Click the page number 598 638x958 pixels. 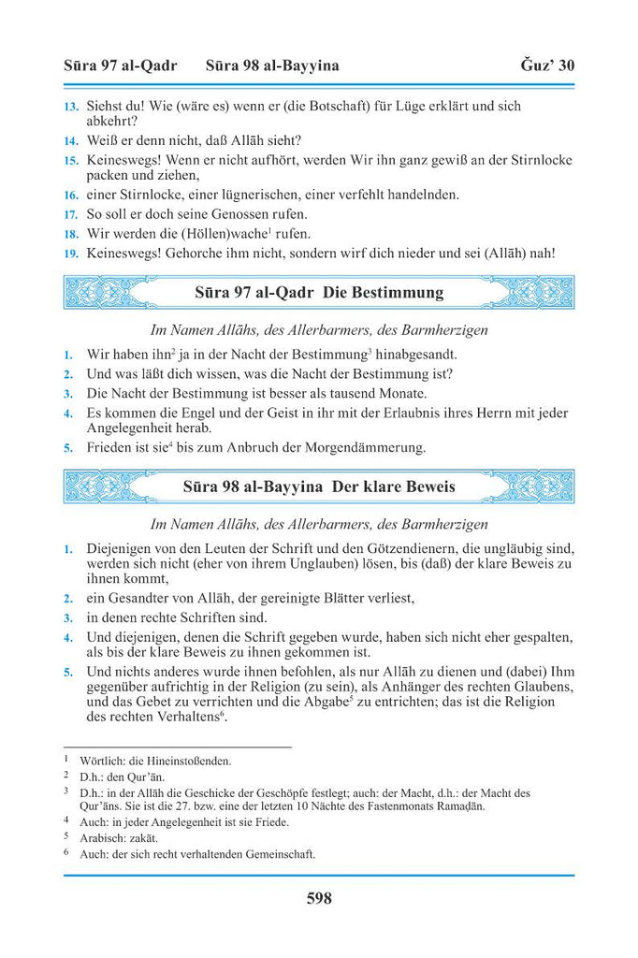[x=319, y=899]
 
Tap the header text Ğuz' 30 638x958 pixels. [x=547, y=65]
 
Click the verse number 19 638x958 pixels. [x=71, y=253]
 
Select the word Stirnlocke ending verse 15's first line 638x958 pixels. [x=537, y=161]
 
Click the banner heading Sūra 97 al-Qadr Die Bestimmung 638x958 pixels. [x=319, y=293]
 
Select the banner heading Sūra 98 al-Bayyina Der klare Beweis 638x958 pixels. [x=319, y=487]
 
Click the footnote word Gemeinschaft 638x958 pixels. [x=271, y=853]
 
